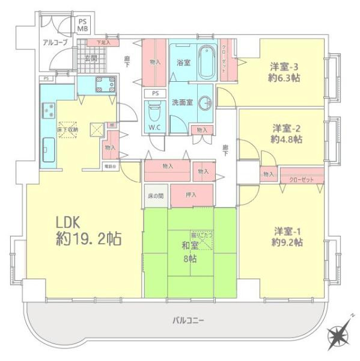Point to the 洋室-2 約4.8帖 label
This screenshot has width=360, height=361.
tap(287, 133)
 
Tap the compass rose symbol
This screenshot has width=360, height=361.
tap(338, 333)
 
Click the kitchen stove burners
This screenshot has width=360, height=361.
tap(48, 111)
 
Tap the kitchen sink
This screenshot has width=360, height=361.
tap(49, 146)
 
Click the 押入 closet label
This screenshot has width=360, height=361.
tap(191, 194)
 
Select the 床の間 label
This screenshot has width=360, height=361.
tap(155, 195)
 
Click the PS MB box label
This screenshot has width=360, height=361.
tap(84, 24)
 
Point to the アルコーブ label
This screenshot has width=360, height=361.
tap(55, 42)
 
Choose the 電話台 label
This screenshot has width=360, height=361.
tap(110, 165)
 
